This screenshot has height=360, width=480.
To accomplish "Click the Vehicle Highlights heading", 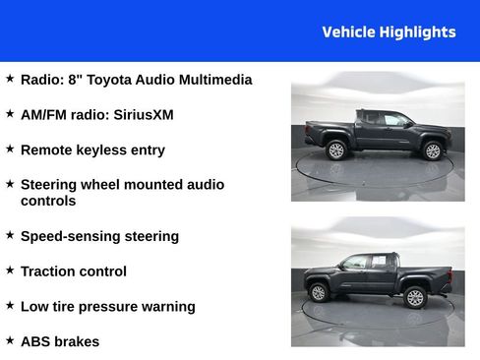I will tap(389, 31).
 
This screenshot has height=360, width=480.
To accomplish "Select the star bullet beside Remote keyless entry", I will tap(10, 149).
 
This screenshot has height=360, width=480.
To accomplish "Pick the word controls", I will tap(47, 201).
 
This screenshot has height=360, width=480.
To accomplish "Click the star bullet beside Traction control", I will tap(10, 270).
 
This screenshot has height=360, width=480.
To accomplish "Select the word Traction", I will tap(50, 271).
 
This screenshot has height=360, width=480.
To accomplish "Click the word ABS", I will tap(35, 342).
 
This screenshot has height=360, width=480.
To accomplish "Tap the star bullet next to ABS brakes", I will tap(10, 340).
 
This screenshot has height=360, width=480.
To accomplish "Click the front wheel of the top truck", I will tap(432, 150).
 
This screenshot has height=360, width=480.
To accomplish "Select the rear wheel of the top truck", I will tap(336, 150).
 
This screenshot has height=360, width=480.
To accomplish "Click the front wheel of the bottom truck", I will tap(318, 292).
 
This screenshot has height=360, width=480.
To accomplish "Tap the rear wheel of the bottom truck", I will tap(414, 297).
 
